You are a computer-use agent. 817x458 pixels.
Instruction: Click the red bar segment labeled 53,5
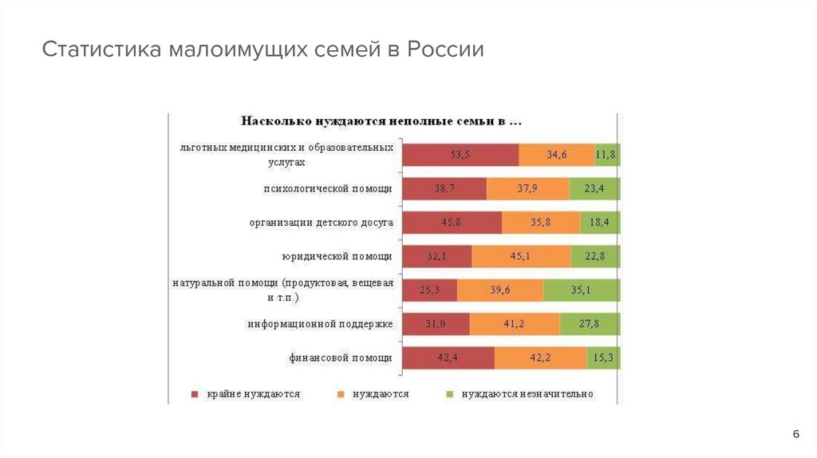pos(460,155)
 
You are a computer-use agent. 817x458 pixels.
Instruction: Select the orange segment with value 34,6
pos(556,155)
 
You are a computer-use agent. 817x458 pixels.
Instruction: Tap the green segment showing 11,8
pos(607,155)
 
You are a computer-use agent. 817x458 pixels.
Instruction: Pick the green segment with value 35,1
pos(581,290)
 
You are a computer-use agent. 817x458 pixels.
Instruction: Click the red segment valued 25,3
pos(429,290)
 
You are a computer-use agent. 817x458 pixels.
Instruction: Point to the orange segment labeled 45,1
pos(521,256)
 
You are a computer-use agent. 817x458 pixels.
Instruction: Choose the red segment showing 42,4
pos(448,358)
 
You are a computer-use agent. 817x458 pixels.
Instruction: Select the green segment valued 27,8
pos(590,324)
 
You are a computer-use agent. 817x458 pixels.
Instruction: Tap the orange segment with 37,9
pos(527,189)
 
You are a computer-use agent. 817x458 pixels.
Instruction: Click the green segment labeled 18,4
pos(600,223)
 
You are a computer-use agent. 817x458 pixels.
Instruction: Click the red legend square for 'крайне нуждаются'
pos(195,394)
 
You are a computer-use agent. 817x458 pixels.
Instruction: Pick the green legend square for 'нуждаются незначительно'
pos(448,394)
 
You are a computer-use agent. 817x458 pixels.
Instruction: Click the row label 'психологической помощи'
pos(328,189)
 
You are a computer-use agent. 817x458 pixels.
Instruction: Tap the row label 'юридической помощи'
pos(337,257)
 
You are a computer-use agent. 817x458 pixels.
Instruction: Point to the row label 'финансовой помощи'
pos(341,358)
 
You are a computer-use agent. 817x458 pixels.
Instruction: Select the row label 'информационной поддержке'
pos(320,324)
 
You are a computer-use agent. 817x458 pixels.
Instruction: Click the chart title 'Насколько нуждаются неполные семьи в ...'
pos(382,122)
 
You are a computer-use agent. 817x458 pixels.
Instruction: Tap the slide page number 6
pos(795,433)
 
